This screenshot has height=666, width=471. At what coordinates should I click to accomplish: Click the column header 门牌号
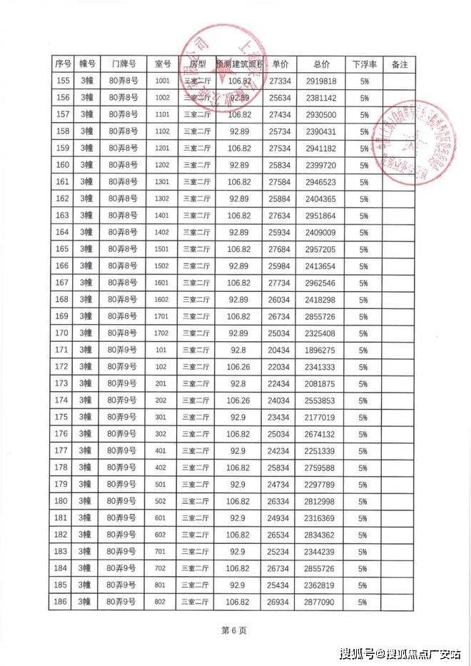pos(123,64)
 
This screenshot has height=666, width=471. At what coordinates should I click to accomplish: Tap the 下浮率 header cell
pos(364,64)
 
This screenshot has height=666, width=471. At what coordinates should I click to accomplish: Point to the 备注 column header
pos(400,64)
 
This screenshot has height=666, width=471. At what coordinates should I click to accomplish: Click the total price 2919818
pos(320,81)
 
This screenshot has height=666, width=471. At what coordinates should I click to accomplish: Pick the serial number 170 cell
pos(61,333)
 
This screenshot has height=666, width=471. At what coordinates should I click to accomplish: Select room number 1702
pos(162,333)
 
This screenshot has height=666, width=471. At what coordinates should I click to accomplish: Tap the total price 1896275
pos(320,350)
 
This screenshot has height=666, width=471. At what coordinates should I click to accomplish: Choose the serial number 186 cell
pos(61,602)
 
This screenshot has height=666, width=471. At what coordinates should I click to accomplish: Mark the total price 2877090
pos(320,602)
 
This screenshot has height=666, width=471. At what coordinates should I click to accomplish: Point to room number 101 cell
pos(162,350)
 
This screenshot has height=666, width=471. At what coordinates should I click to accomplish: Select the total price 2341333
pos(320,367)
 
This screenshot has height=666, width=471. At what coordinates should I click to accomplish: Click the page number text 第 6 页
pos(234,631)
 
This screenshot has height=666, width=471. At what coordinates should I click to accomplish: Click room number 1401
pos(162,215)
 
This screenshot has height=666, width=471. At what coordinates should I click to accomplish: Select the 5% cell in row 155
pos(364,81)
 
